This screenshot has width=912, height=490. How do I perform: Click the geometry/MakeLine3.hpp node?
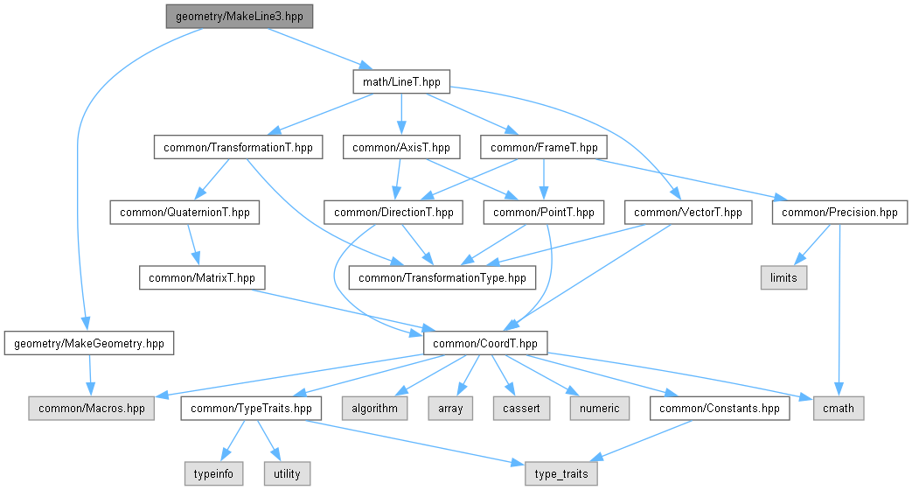pyautogui.click(x=239, y=16)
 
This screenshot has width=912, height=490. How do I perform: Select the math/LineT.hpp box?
pyautogui.click(x=401, y=82)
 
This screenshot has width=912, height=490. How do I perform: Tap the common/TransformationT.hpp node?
pyautogui.click(x=238, y=147)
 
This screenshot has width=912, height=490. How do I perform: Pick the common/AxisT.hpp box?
pyautogui.click(x=401, y=147)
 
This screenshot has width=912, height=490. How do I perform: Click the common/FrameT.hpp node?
pyautogui.click(x=544, y=147)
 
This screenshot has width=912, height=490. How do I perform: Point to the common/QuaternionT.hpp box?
pyautogui.click(x=184, y=212)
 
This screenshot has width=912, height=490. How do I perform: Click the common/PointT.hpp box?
pyautogui.click(x=544, y=212)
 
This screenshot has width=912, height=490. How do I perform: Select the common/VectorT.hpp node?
pyautogui.click(x=688, y=212)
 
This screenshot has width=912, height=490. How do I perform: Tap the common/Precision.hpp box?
pyautogui.click(x=839, y=212)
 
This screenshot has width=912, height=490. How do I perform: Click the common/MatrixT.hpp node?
pyautogui.click(x=202, y=277)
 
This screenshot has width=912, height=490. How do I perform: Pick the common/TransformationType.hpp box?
pyautogui.click(x=442, y=277)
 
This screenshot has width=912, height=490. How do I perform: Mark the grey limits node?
pyautogui.click(x=783, y=277)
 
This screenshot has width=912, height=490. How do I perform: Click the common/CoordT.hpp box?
pyautogui.click(x=486, y=342)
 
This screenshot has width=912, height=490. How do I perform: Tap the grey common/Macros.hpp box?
pyautogui.click(x=91, y=408)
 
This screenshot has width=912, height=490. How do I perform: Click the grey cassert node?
pyautogui.click(x=521, y=408)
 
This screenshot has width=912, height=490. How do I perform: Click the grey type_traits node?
pyautogui.click(x=561, y=473)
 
